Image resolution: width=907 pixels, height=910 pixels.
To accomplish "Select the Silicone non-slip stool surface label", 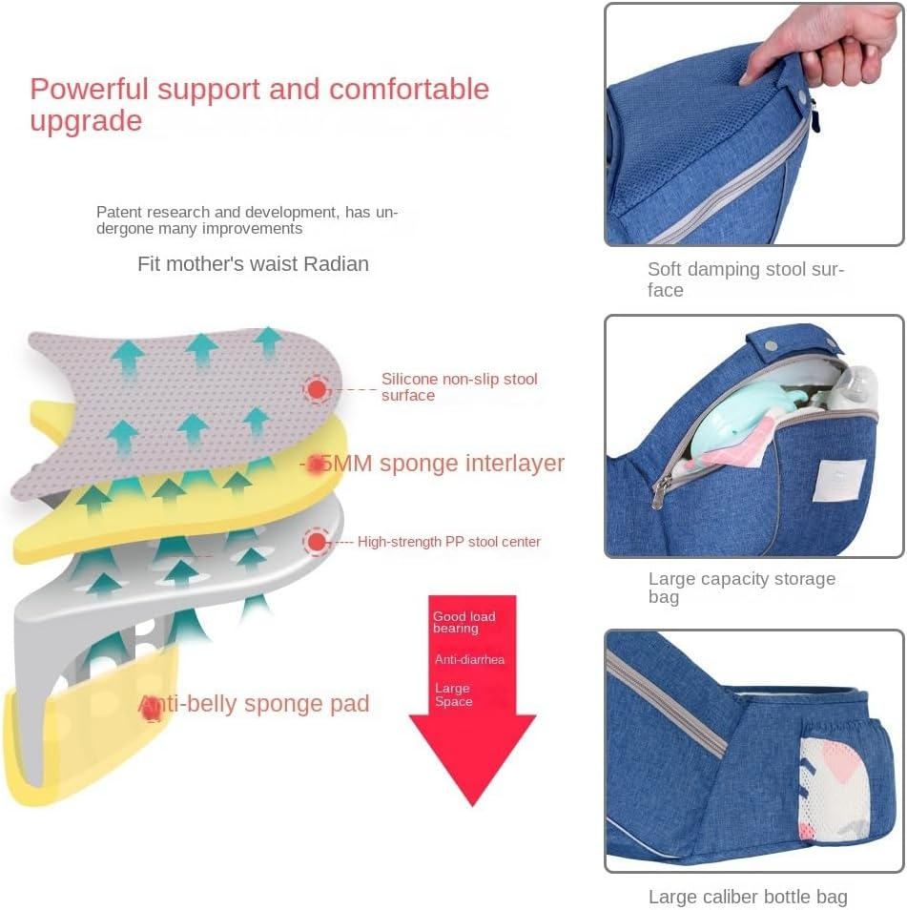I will tap(459, 386).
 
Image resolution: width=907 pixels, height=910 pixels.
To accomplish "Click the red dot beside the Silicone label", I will tap(317, 388).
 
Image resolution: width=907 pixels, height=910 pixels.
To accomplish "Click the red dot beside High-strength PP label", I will tap(317, 542).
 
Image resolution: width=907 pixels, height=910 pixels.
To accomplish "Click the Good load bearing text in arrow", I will tap(464, 622).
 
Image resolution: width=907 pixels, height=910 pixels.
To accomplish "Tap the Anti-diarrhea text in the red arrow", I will tap(469, 659).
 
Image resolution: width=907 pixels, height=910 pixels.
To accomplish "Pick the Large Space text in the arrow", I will tap(453, 694).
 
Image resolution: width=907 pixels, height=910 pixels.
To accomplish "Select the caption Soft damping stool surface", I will tap(745, 279).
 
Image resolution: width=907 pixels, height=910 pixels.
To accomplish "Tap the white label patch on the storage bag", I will tap(839, 479).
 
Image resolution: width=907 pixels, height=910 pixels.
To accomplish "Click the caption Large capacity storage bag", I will tap(741, 588).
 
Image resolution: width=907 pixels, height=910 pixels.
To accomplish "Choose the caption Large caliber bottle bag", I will tap(747, 897).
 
